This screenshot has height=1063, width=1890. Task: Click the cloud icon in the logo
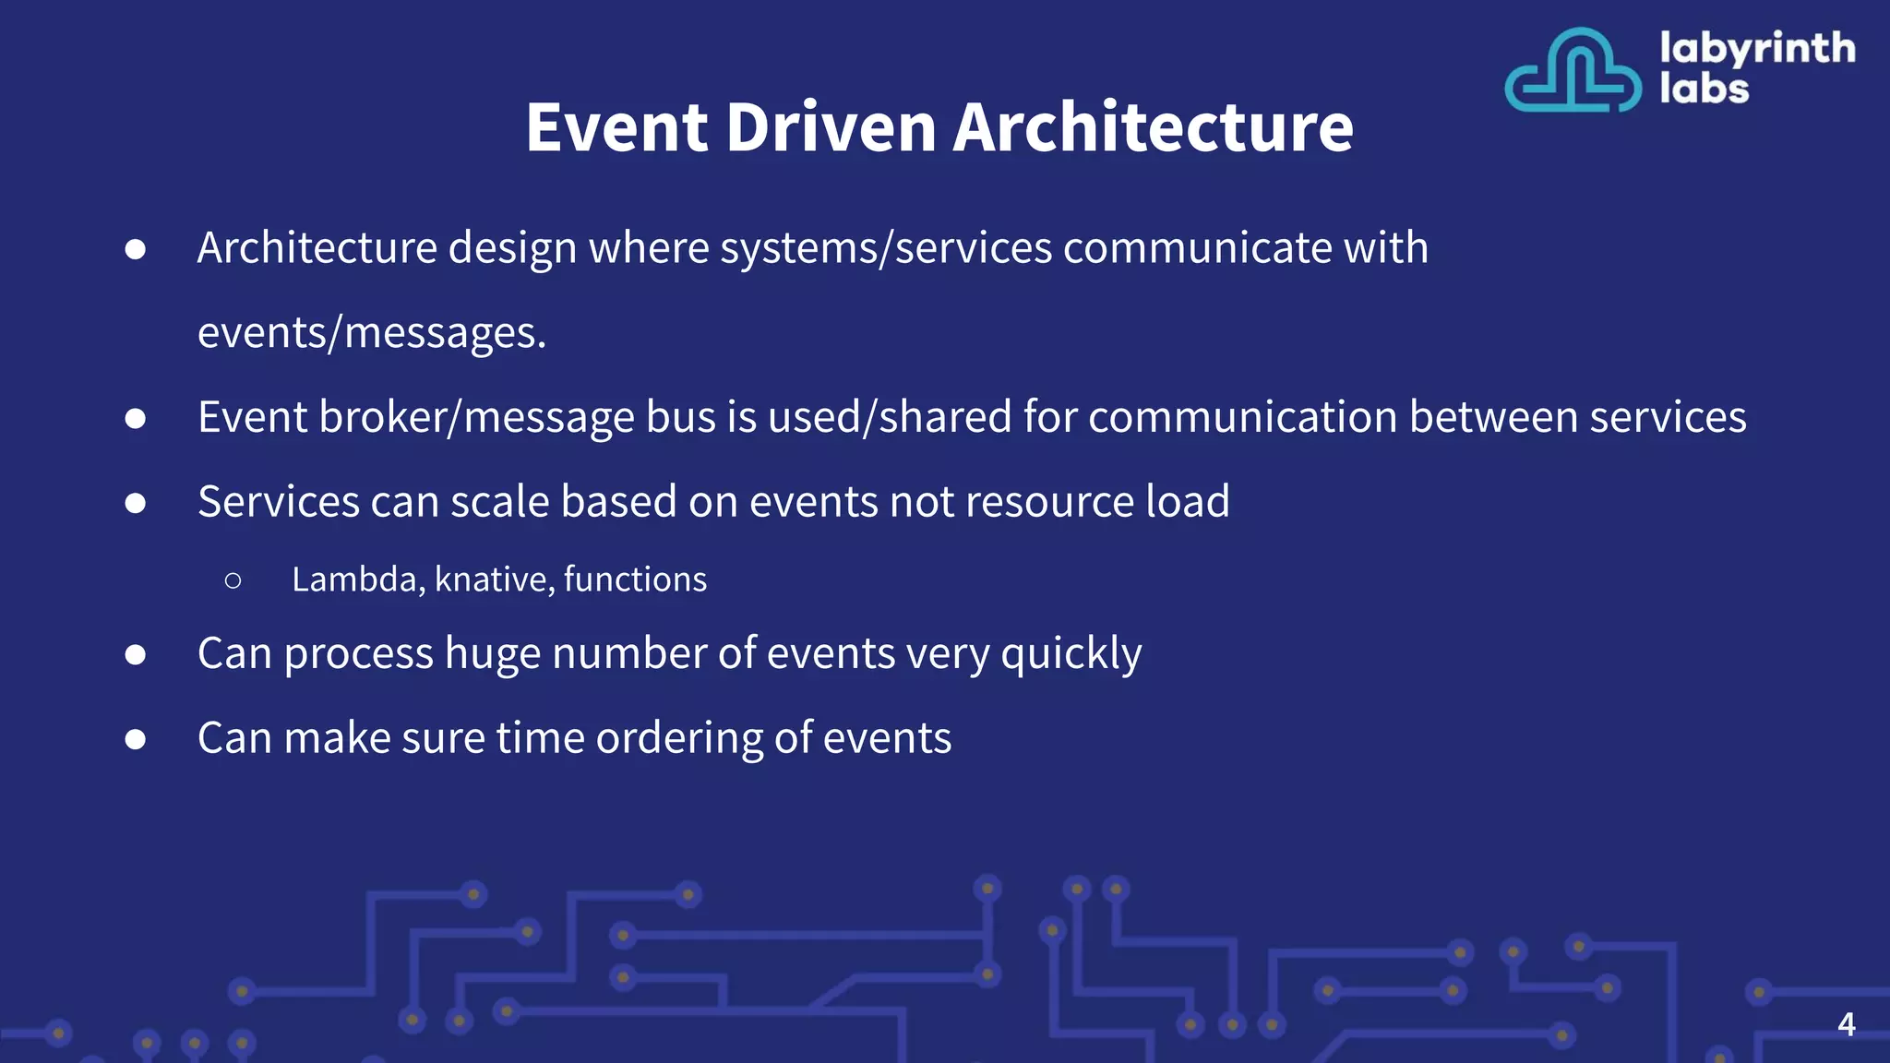1573,71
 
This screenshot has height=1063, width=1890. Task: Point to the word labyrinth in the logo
1756,49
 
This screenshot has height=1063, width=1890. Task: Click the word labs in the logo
1704,90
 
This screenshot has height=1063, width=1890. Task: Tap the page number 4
1846,1024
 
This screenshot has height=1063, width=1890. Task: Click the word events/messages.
371,333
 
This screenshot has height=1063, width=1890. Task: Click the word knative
494,579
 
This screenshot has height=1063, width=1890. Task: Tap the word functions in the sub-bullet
635,579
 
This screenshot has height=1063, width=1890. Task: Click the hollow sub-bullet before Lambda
233,580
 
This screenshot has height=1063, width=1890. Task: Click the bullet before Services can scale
136,503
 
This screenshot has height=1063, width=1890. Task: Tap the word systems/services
885,248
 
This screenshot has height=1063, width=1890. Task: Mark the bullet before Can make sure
136,739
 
